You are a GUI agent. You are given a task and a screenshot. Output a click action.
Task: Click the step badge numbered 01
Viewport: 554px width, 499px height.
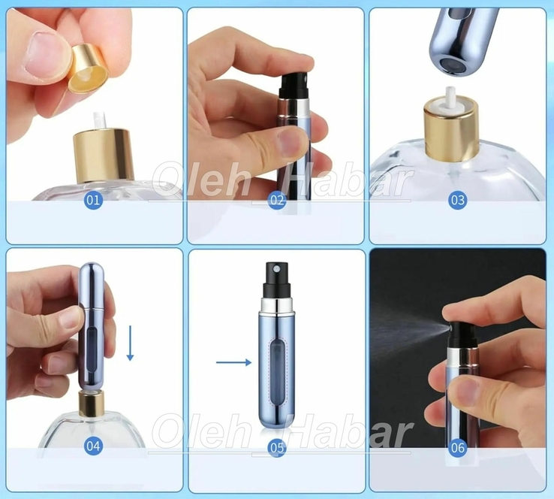point(93,200)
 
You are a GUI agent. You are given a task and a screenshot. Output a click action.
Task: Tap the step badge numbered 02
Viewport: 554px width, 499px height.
point(277,200)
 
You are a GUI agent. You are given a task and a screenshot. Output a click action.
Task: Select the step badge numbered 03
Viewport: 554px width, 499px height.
point(458,200)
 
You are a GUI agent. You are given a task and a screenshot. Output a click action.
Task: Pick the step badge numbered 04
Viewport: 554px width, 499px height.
point(93,446)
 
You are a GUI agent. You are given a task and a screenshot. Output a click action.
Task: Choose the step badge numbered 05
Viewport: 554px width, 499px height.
point(277,448)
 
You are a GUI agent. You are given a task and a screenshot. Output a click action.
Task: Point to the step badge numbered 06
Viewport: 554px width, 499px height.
point(458,448)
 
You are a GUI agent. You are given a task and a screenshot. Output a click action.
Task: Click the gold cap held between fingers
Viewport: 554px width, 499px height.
point(89,69)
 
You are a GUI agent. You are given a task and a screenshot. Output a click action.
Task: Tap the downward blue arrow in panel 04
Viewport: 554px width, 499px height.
point(130,343)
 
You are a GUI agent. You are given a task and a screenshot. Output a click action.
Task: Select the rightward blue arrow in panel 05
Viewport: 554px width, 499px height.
point(233,362)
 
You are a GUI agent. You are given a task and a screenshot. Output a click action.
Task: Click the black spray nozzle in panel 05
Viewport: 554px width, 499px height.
point(277,280)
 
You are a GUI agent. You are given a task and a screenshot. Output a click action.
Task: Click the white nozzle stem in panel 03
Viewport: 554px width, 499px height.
point(450,97)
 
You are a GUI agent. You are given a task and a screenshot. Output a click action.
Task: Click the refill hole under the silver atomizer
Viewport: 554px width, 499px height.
point(451,64)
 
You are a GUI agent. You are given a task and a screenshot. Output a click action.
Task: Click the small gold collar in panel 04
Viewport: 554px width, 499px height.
point(92,403)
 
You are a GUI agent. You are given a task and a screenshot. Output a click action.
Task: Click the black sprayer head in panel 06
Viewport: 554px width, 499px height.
point(462,334)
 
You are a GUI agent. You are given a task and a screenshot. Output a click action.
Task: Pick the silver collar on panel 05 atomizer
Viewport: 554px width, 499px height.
point(277,307)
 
